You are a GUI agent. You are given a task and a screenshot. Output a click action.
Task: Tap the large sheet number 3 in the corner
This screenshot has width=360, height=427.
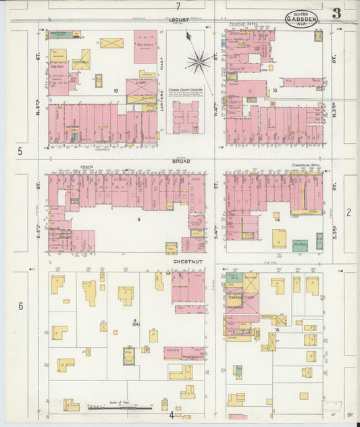coord(336,14)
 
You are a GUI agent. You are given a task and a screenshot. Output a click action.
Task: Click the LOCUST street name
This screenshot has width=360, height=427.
coord(179,20)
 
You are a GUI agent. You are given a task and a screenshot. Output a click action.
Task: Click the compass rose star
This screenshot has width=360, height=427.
coord(199,62)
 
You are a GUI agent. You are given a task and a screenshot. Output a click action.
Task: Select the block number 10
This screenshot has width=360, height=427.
coord(115,91)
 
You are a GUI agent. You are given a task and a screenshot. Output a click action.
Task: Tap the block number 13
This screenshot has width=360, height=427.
coord(275,90)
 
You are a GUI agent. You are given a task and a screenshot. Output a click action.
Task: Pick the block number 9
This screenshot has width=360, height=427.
coord(138,220)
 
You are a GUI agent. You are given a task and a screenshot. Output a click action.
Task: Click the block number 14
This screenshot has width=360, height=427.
coord(276,220)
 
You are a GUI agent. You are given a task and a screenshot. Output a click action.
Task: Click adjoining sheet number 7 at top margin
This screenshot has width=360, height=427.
coord(178,6)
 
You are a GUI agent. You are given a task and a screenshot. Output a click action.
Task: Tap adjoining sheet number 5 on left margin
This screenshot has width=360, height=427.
coord(20,151)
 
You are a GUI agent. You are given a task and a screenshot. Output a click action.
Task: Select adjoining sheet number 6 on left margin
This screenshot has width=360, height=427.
coord(20,306)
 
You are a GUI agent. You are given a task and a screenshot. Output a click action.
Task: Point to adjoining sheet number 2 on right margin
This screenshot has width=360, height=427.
coord(349,213)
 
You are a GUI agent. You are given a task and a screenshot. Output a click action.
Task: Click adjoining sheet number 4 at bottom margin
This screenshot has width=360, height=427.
coord(172,415)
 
